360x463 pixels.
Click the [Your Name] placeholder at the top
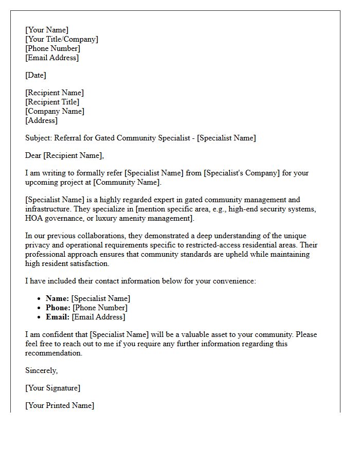click(x=47, y=30)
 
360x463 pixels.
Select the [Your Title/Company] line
click(x=62, y=39)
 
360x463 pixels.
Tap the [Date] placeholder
click(x=35, y=75)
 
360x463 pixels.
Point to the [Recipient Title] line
click(x=52, y=102)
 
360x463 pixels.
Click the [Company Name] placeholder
click(x=55, y=111)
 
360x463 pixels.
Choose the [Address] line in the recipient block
click(x=41, y=120)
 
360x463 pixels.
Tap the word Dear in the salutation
click(x=33, y=155)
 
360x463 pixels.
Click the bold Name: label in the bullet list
click(x=57, y=298)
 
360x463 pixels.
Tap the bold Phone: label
click(x=58, y=308)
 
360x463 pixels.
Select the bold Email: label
click(x=57, y=317)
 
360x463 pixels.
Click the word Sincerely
click(x=41, y=370)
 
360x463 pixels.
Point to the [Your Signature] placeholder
click(x=52, y=388)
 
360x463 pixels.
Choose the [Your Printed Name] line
click(x=60, y=405)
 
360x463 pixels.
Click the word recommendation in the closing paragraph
click(x=53, y=353)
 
